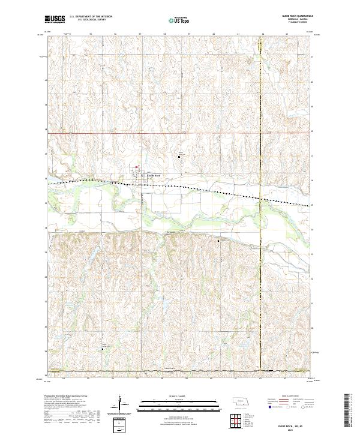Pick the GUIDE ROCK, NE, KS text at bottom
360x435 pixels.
coord(301,425)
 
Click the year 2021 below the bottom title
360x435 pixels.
coord(301,430)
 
